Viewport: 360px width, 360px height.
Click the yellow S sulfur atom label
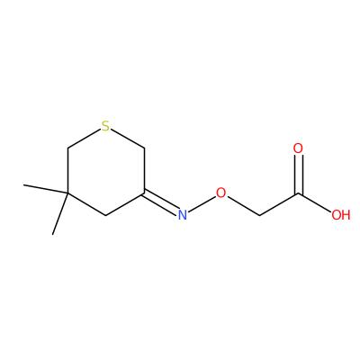click(x=105, y=126)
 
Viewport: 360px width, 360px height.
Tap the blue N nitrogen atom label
click(x=183, y=215)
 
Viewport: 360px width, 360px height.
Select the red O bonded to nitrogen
click(x=220, y=193)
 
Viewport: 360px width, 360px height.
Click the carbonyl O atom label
click(x=298, y=148)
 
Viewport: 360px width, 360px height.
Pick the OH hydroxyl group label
click(x=341, y=215)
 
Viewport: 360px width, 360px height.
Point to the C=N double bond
click(x=161, y=202)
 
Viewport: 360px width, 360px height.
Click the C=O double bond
click(x=298, y=174)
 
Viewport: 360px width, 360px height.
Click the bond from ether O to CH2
click(x=243, y=206)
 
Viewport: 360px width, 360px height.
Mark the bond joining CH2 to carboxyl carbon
click(x=279, y=204)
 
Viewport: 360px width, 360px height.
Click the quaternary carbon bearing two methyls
click(x=67, y=193)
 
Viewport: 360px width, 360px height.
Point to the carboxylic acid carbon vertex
click(x=298, y=193)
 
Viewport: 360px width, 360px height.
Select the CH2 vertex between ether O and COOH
click(x=259, y=215)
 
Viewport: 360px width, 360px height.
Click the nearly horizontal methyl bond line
click(x=46, y=189)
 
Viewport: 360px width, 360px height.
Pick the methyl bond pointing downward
click(x=60, y=213)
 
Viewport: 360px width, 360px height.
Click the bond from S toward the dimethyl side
click(x=84, y=139)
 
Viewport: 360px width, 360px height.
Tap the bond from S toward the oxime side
click(x=127, y=139)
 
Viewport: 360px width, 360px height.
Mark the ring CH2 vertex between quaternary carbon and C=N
click(x=106, y=215)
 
